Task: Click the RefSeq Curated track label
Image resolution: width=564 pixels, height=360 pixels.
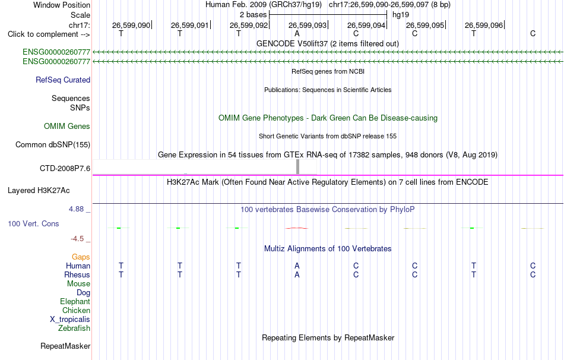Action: click(x=63, y=80)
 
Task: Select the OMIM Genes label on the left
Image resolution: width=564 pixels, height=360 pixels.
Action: click(x=67, y=126)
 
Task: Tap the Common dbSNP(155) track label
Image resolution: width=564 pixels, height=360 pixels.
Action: click(x=53, y=145)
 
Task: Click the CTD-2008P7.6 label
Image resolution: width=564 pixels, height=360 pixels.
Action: click(x=65, y=168)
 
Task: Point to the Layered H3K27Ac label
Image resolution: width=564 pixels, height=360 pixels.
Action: click(x=39, y=191)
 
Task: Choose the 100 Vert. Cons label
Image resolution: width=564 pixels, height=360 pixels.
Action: click(x=33, y=223)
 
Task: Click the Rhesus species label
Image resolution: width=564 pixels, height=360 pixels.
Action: click(x=77, y=274)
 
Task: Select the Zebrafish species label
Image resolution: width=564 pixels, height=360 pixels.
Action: click(x=74, y=329)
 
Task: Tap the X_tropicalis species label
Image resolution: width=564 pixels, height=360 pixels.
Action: click(x=70, y=320)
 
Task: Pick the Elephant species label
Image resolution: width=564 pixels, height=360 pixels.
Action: click(x=75, y=301)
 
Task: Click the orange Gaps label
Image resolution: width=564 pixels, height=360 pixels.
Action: click(x=81, y=257)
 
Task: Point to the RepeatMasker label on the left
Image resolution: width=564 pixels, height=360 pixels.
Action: click(x=65, y=346)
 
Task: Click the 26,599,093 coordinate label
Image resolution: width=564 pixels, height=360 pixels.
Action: click(x=308, y=25)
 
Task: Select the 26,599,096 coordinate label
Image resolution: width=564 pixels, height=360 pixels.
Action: click(x=484, y=25)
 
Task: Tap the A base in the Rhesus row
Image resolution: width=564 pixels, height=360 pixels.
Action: click(x=297, y=274)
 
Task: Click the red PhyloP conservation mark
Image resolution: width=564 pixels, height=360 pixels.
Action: click(x=297, y=228)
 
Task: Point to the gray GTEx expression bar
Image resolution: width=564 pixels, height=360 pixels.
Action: click(x=297, y=167)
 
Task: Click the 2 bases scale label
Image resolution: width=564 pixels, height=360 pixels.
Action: click(x=254, y=15)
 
